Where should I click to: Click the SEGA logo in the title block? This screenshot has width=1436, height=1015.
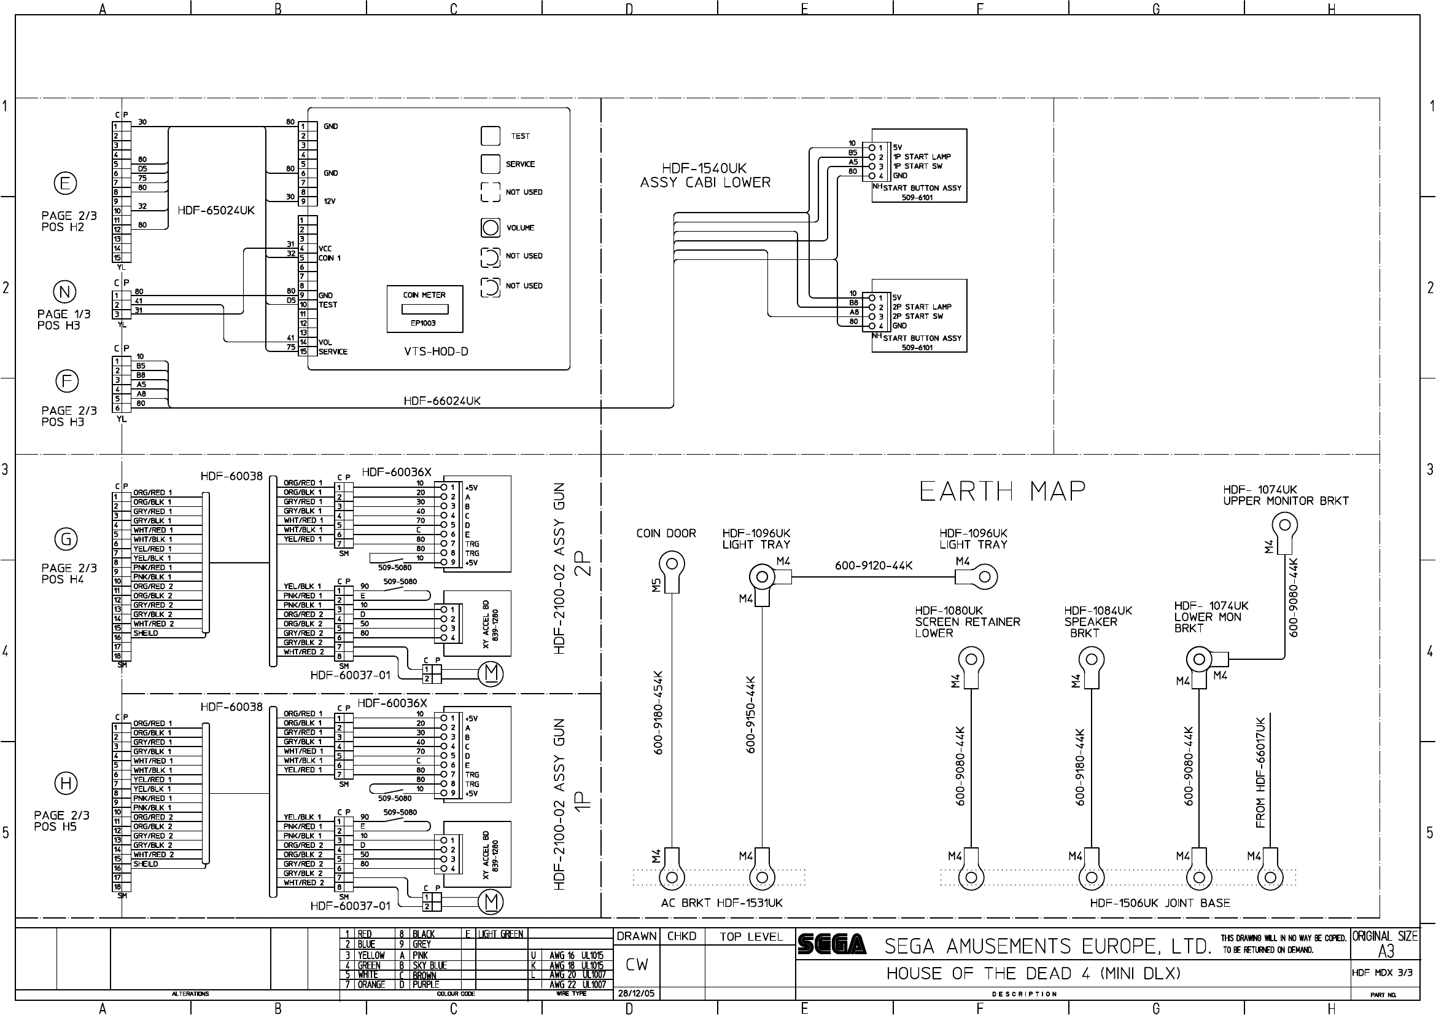(x=832, y=944)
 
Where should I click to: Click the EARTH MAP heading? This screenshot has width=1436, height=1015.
(x=1002, y=492)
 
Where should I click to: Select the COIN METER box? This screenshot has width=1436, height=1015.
(x=425, y=309)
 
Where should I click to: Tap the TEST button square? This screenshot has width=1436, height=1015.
(x=491, y=136)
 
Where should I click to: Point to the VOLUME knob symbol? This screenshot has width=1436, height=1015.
(x=491, y=228)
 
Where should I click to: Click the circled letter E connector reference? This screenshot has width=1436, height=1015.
(x=65, y=183)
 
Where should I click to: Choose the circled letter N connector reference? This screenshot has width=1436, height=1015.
(x=65, y=292)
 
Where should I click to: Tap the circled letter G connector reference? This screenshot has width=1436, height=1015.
(x=66, y=539)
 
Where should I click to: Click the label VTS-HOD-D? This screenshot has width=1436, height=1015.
(x=436, y=351)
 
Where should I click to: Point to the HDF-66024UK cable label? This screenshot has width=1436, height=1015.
(x=442, y=401)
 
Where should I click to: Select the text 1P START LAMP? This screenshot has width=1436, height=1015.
(x=922, y=157)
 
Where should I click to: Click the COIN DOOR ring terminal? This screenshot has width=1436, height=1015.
(x=672, y=564)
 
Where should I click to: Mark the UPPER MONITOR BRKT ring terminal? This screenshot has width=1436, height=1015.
(x=1284, y=523)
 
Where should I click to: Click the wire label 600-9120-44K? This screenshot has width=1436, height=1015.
(x=874, y=566)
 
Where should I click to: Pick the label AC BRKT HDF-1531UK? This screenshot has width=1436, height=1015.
(x=722, y=903)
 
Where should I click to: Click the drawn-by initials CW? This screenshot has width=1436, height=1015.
(x=637, y=965)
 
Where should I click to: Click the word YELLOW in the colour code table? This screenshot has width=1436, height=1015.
(x=371, y=955)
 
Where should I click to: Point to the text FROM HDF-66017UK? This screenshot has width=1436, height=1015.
(x=1261, y=772)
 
